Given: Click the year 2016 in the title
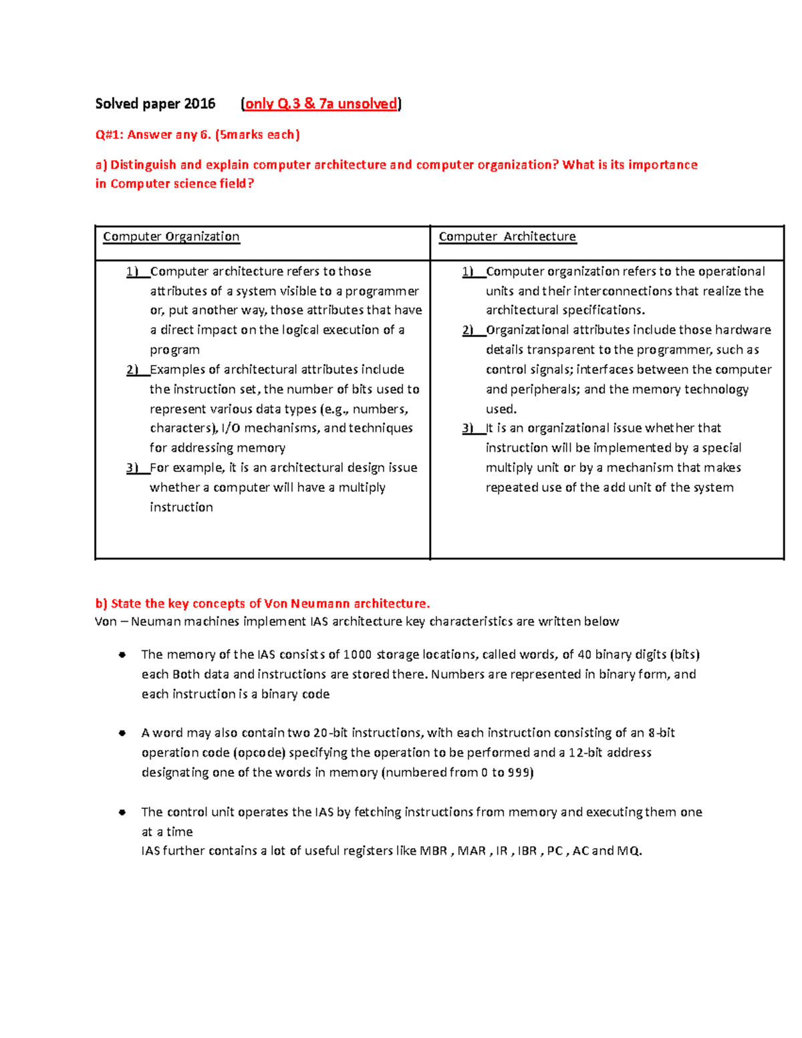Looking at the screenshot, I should point(200,104).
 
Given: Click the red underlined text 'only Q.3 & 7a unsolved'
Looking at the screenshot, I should point(321,104).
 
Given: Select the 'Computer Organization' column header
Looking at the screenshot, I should point(171,237).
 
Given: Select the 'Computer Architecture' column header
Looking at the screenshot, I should point(507,237).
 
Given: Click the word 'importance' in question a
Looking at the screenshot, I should point(662,164).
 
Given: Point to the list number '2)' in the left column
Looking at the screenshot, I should point(132,370).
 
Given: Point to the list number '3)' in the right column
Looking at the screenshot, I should point(468,428).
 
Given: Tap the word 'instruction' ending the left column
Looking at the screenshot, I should point(181,507).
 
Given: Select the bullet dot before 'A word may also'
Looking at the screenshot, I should point(122,733).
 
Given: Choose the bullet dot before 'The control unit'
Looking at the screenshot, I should point(122,813).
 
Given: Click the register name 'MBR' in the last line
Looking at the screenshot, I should point(433,851).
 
